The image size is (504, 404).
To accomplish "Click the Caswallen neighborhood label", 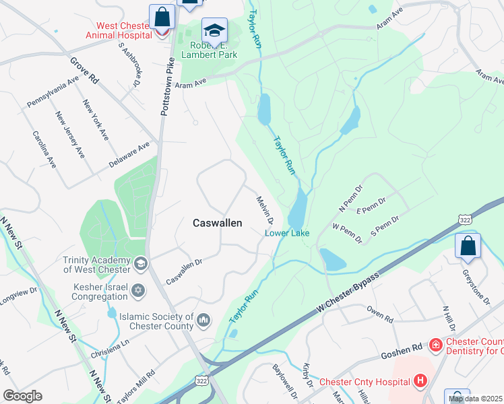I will coord(217,223).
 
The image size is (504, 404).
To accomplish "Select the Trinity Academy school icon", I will coord(140,263).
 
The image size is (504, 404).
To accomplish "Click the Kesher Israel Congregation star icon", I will coord(138,291).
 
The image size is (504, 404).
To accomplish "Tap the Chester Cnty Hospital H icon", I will coord(421,382).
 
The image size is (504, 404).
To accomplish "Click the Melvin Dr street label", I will coord(265,210).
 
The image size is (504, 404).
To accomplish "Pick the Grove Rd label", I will coord(84,70).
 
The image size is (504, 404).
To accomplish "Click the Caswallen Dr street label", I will coord(184,271).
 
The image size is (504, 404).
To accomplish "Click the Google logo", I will coord(22,395).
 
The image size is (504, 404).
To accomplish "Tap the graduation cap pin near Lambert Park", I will coord(214,31).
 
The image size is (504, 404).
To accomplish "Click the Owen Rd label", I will coord(379,314).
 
